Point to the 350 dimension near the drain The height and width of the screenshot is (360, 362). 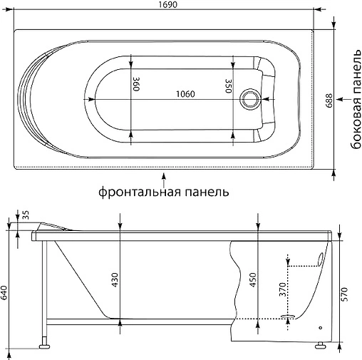click(229, 86)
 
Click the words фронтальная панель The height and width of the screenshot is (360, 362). click(164, 192)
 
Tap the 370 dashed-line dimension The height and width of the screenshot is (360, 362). click(281, 289)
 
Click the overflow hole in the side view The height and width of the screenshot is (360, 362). click(320, 254)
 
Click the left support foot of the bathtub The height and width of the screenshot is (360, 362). click(44, 346)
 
